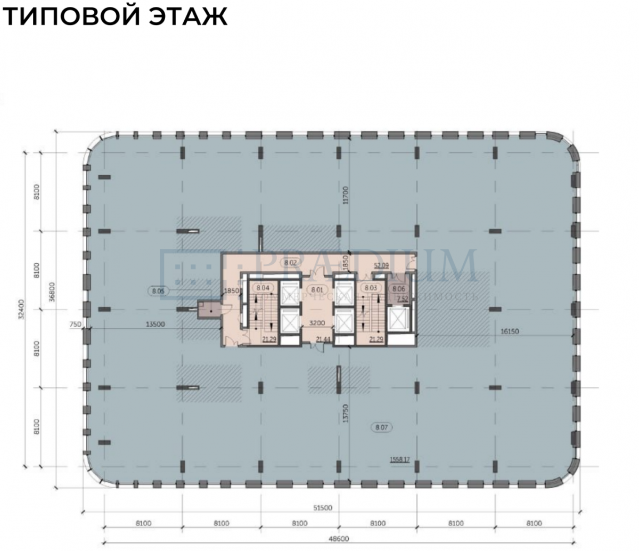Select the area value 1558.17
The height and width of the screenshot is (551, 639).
tap(400, 459)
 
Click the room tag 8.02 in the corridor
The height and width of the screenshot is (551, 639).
tap(290, 263)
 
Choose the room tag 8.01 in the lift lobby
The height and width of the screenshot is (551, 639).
tap(317, 289)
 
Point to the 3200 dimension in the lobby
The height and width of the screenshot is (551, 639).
tap(317, 323)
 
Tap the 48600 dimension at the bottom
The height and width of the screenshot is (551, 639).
tap(339, 539)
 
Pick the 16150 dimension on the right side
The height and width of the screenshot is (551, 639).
tap(510, 331)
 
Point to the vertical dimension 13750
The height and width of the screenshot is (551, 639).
tap(346, 412)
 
